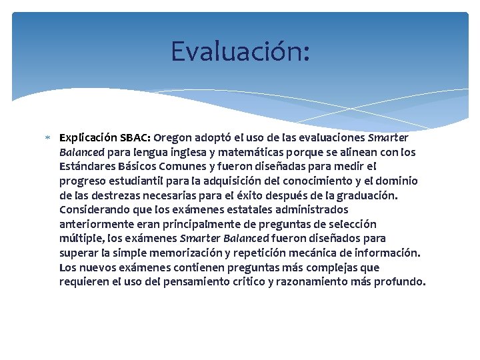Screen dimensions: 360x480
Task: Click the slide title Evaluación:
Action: [x=240, y=51]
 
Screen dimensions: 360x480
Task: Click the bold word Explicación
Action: [x=88, y=139]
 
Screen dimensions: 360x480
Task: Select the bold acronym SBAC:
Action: [x=135, y=139]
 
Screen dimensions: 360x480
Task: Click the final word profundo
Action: [x=399, y=282]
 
